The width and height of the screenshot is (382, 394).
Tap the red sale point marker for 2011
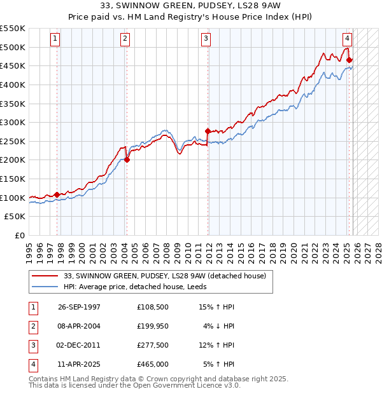coord(208,132)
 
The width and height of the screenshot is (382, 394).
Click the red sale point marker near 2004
coord(127,160)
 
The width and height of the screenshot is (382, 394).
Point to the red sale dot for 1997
coord(57,194)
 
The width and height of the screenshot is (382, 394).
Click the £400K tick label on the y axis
coord(12,85)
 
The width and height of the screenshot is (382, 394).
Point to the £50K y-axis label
coord(15,217)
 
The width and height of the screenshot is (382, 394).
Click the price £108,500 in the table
coord(153,307)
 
